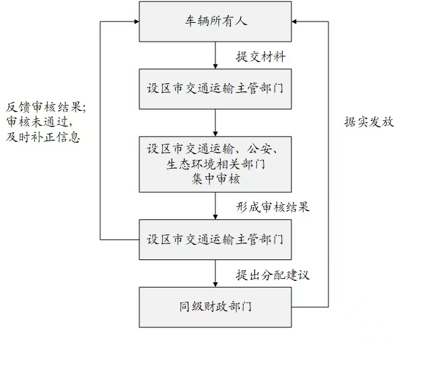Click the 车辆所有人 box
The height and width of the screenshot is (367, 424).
coord(215,22)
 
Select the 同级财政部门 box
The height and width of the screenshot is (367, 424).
coord(215,307)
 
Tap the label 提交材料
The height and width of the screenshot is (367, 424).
coord(260,56)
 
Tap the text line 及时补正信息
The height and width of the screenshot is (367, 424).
coord(43,138)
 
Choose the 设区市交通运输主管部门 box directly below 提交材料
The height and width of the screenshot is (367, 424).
coord(215,88)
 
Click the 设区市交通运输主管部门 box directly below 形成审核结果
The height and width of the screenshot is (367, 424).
coord(215,239)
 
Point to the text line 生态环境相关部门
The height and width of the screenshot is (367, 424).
coord(215,163)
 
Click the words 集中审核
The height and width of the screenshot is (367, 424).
coord(215,179)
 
